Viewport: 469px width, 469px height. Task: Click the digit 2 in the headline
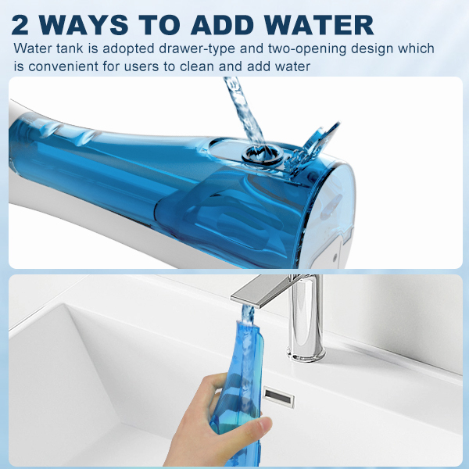20,25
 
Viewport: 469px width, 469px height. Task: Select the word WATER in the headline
319,25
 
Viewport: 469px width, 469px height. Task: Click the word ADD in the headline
222,25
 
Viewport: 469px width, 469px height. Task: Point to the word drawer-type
197,48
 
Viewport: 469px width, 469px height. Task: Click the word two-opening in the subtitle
307,48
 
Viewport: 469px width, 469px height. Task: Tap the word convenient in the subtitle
63,66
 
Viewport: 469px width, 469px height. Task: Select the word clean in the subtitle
198,66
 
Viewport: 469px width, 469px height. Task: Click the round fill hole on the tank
263,155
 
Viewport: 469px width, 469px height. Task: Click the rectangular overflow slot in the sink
279,397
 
